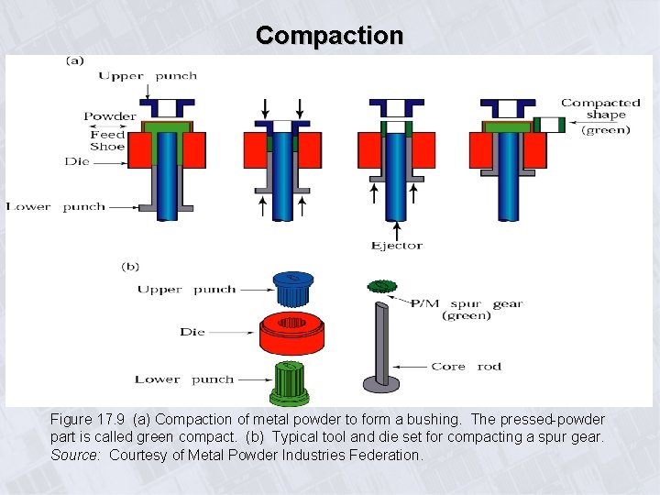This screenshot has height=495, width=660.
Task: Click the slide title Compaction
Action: pyautogui.click(x=330, y=36)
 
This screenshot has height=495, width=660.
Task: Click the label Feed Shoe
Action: pyautogui.click(x=107, y=140)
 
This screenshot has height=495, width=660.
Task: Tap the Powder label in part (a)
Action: pyautogui.click(x=110, y=116)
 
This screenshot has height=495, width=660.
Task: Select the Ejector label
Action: pyautogui.click(x=396, y=245)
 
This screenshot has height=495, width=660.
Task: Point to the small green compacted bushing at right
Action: pyautogui.click(x=550, y=124)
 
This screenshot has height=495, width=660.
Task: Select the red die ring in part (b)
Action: pyautogui.click(x=293, y=334)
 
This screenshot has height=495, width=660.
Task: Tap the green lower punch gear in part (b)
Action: pyautogui.click(x=290, y=381)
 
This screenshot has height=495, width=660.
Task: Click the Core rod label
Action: pyautogui.click(x=467, y=367)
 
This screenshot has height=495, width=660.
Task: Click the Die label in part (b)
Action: pyautogui.click(x=192, y=332)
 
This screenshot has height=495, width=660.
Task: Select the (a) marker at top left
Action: pyautogui.click(x=73, y=61)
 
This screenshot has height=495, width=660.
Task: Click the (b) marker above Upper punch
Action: pyautogui.click(x=130, y=267)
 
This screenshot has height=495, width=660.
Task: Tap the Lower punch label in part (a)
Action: pyautogui.click(x=56, y=207)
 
